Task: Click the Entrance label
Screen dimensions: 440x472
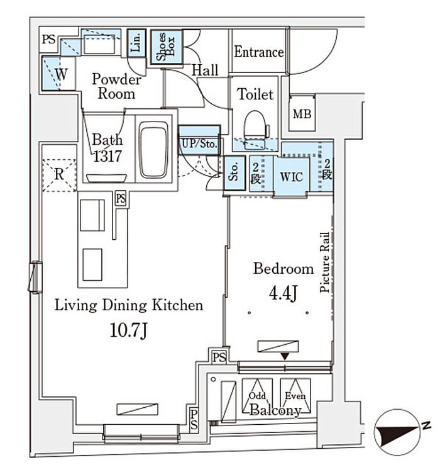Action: point(258,52)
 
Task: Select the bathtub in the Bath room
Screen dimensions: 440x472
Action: point(153,150)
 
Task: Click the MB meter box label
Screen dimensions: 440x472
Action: point(302,114)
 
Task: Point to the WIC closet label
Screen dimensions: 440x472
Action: point(291,177)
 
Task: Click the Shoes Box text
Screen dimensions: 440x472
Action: point(166,47)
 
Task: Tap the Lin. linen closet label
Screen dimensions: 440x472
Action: point(136,42)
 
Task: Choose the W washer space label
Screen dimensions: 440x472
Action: point(62,74)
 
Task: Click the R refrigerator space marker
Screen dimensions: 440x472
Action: point(59,174)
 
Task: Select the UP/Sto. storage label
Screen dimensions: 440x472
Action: point(199,143)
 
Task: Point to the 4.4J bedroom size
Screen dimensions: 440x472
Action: point(283,293)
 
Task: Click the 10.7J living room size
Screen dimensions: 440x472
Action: point(128,330)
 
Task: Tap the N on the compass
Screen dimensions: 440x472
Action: point(426,425)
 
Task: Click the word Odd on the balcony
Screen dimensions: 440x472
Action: point(257,396)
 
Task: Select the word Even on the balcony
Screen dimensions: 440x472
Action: point(295,396)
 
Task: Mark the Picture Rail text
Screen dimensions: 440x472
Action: point(324,262)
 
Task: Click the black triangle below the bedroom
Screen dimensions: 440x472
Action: point(285,356)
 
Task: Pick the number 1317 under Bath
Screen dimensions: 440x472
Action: point(107,156)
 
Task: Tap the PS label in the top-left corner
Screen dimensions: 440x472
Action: point(49,40)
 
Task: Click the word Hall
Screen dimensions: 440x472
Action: point(205,70)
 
